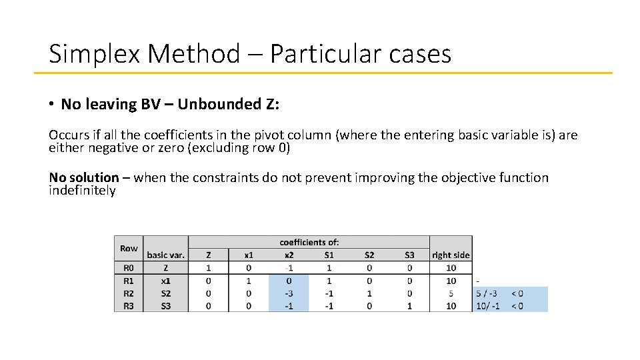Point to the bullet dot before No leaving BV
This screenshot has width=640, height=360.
click(51, 105)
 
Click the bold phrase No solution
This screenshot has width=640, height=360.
click(84, 177)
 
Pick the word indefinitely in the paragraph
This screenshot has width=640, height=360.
click(82, 191)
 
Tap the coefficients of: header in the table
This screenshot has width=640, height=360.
click(309, 242)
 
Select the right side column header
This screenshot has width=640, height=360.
click(451, 255)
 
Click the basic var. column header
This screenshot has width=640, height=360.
click(165, 255)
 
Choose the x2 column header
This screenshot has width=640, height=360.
click(289, 255)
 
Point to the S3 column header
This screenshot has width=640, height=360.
click(409, 255)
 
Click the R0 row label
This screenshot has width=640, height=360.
click(128, 268)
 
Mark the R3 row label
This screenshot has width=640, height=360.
click(128, 305)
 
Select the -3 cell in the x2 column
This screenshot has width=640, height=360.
click(289, 293)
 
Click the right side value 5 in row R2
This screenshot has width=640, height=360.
click(451, 293)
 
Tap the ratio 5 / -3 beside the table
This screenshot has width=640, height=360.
click(487, 293)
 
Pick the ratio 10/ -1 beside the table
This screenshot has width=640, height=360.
click(487, 305)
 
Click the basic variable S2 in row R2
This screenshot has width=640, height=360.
click(165, 293)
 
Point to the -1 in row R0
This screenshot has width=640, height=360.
click(289, 268)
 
